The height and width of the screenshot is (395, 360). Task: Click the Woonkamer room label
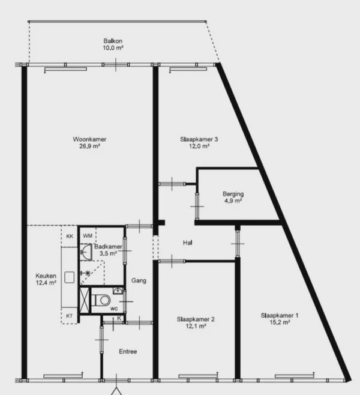tap(89, 139)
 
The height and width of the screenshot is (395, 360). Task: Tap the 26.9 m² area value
tap(89, 146)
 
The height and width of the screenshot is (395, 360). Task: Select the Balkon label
tap(113, 41)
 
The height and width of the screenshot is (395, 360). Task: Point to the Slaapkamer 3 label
tap(199, 139)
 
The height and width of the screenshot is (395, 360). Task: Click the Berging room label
tap(233, 194)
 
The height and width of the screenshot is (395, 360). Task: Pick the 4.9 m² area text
tap(233, 201)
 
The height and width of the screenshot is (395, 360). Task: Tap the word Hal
tap(188, 243)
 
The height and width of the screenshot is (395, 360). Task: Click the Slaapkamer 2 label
tap(196, 319)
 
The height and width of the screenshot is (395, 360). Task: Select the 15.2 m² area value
tap(280, 322)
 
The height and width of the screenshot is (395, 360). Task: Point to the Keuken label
tap(46, 276)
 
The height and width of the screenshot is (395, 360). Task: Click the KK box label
tap(70, 237)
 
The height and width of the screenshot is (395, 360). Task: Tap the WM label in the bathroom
tap(88, 236)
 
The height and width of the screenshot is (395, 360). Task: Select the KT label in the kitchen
tap(69, 316)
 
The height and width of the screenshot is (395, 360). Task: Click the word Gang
tap(139, 280)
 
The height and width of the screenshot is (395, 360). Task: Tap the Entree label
tap(128, 351)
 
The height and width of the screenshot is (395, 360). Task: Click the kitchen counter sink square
tap(69, 277)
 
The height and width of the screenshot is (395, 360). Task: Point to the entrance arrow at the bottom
tap(116, 391)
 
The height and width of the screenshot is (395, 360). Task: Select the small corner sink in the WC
tap(118, 291)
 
